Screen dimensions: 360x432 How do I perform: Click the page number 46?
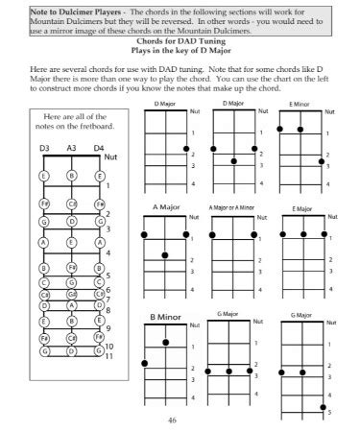[x=172, y=420]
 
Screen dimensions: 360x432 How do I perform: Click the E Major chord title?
[x=301, y=208]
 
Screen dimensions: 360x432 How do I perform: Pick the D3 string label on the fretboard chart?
[x=45, y=148]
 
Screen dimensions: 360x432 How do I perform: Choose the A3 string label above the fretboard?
[x=72, y=148]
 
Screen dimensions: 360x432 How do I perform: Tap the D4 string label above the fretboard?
[x=99, y=148]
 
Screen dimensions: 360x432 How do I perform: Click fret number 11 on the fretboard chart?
[x=110, y=355]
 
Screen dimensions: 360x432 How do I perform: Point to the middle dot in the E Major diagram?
[x=302, y=233]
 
